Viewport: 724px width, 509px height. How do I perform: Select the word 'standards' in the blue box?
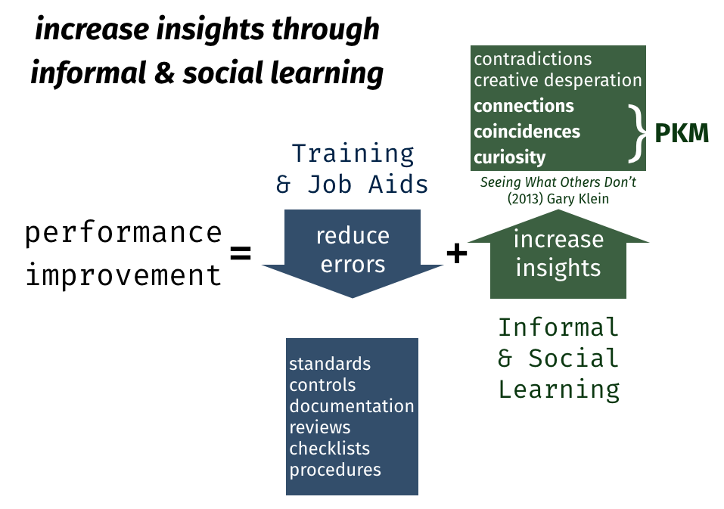[x=330, y=364]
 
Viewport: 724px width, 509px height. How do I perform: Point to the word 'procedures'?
[x=334, y=470]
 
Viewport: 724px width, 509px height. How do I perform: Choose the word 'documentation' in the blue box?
[x=351, y=406]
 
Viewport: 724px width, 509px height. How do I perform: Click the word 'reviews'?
[x=319, y=427]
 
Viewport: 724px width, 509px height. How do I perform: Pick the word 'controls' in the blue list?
[x=322, y=385]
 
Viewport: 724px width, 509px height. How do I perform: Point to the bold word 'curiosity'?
[x=509, y=157]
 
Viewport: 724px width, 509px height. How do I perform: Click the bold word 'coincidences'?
[x=527, y=132]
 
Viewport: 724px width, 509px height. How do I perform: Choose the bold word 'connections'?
[x=524, y=106]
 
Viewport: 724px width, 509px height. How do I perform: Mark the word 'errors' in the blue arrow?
[x=353, y=265]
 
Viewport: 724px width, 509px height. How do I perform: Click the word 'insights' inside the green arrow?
[x=558, y=268]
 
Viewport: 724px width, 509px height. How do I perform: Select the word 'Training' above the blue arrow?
[x=353, y=154]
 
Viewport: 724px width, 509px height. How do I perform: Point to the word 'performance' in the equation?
[x=124, y=234]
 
